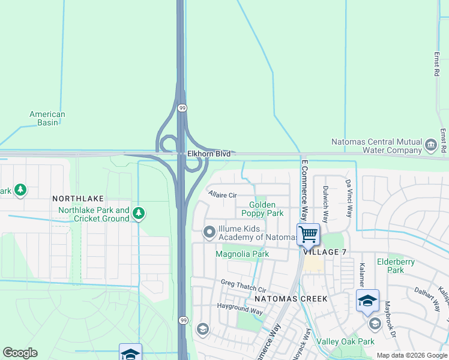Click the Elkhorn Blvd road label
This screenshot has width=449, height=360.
pos(208,154)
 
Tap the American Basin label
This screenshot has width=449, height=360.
pos(47,118)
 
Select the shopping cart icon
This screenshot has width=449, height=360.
pos(308,234)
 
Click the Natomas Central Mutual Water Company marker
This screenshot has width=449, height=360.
pos(430,145)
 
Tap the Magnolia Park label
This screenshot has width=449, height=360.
pos(243,254)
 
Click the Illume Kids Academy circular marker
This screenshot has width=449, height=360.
pos(209,231)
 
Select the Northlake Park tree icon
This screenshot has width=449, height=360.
pos(139,213)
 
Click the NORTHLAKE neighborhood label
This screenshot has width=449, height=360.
pos(78,198)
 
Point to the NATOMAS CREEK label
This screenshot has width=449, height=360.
pos(291,298)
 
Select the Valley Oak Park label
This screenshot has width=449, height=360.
pos(345,341)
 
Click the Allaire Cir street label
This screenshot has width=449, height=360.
pos(223,195)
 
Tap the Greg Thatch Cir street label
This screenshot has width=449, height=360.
pos(243,283)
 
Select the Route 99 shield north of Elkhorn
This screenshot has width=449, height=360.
pos(181,108)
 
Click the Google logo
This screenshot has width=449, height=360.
pos(20,353)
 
